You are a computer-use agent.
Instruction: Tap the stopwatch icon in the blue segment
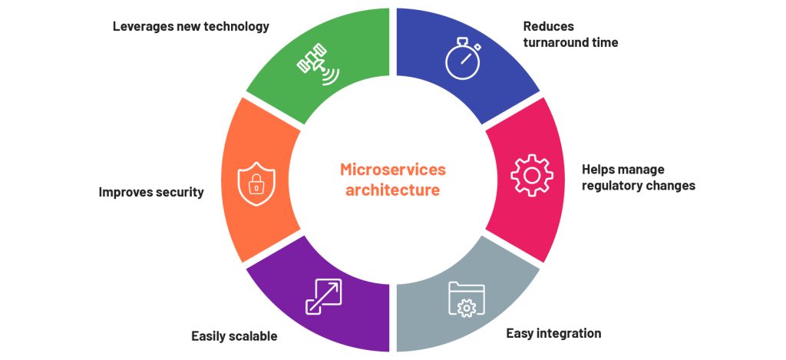tap(463, 61)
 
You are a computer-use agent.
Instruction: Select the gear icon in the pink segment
tap(532, 175)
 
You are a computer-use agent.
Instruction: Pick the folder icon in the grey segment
tap(467, 299)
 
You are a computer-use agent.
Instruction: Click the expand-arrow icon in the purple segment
tap(323, 297)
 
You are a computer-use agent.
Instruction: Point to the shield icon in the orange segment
tap(256, 183)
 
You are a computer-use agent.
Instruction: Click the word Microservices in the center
tap(392, 170)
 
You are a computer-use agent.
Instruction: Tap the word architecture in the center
tap(392, 190)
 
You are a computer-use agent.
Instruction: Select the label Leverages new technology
tap(191, 27)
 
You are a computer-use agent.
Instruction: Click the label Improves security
tap(151, 192)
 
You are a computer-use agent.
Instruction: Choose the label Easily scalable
tap(234, 336)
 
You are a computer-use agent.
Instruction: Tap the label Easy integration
tap(553, 333)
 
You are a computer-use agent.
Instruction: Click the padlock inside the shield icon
tap(256, 186)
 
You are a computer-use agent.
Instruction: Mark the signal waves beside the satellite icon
tap(330, 76)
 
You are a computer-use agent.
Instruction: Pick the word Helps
tap(598, 170)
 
